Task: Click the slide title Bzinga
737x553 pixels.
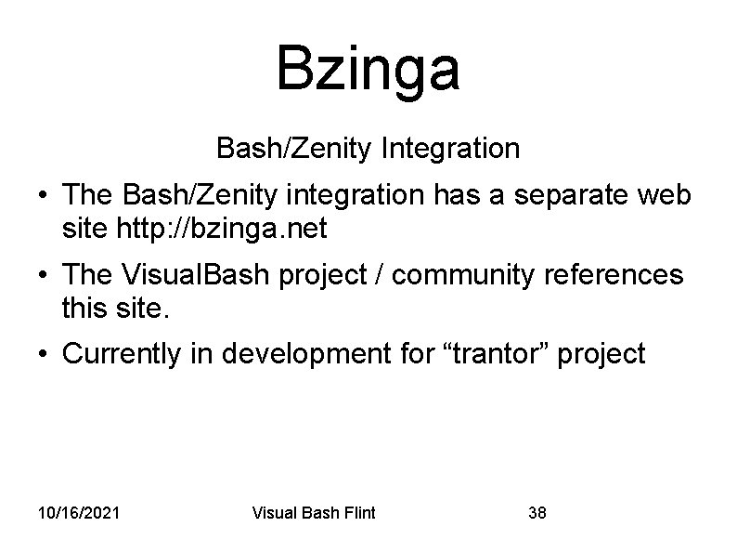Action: (x=368, y=69)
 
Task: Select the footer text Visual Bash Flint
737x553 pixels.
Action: (x=314, y=512)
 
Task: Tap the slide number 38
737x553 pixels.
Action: (x=537, y=512)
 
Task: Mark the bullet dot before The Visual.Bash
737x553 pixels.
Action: (x=44, y=275)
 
